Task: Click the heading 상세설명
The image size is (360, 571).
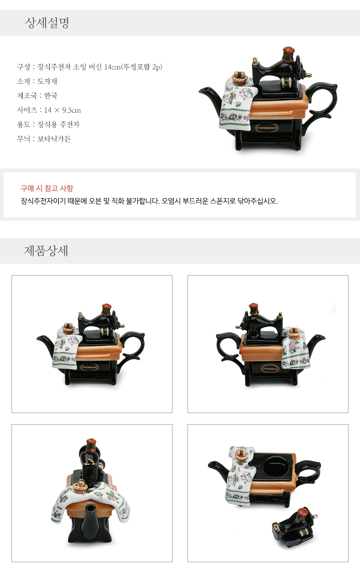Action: click(x=47, y=23)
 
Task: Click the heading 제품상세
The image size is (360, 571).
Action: click(x=46, y=251)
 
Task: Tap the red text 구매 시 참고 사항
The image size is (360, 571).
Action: click(x=47, y=188)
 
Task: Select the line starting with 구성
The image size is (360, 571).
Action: click(x=90, y=67)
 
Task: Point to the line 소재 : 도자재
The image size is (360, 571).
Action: click(x=37, y=81)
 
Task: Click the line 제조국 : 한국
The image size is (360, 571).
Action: click(x=37, y=96)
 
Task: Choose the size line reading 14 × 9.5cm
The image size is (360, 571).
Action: click(x=49, y=110)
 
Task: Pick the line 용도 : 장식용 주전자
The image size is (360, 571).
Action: click(x=48, y=124)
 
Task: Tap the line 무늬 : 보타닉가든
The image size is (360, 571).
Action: click(x=44, y=139)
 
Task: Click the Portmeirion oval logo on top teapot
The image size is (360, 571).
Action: click(x=266, y=128)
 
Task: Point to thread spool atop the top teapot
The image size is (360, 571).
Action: click(x=288, y=54)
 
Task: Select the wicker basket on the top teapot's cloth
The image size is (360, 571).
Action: click(x=240, y=78)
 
